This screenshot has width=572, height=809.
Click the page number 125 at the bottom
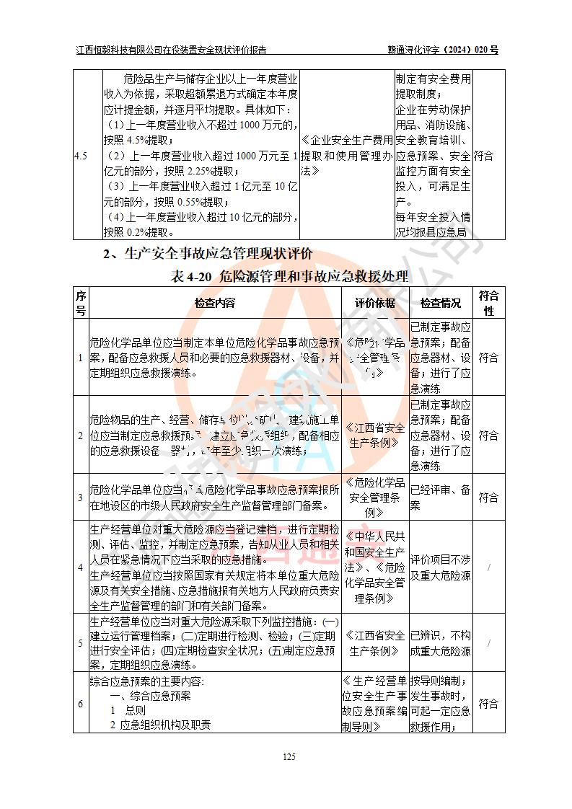(x=289, y=756)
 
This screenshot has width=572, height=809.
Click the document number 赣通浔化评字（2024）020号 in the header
(x=443, y=50)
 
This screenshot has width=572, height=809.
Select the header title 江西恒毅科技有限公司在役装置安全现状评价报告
(x=171, y=50)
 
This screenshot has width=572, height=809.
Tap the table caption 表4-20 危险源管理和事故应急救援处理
(x=289, y=276)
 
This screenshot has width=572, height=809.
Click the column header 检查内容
(x=214, y=303)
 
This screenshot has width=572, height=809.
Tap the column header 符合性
(x=489, y=303)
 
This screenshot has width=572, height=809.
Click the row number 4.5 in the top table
(x=82, y=156)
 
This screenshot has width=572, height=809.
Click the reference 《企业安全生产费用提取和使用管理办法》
(x=347, y=156)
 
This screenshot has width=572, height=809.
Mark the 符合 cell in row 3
(x=488, y=498)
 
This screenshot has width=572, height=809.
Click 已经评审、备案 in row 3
(x=441, y=498)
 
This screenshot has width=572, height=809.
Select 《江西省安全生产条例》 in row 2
(x=374, y=436)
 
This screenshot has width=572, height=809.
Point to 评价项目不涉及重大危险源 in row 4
(x=441, y=567)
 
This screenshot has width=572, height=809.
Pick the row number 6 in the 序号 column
(x=81, y=704)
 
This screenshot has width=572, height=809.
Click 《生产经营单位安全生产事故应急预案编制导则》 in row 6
(x=374, y=704)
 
